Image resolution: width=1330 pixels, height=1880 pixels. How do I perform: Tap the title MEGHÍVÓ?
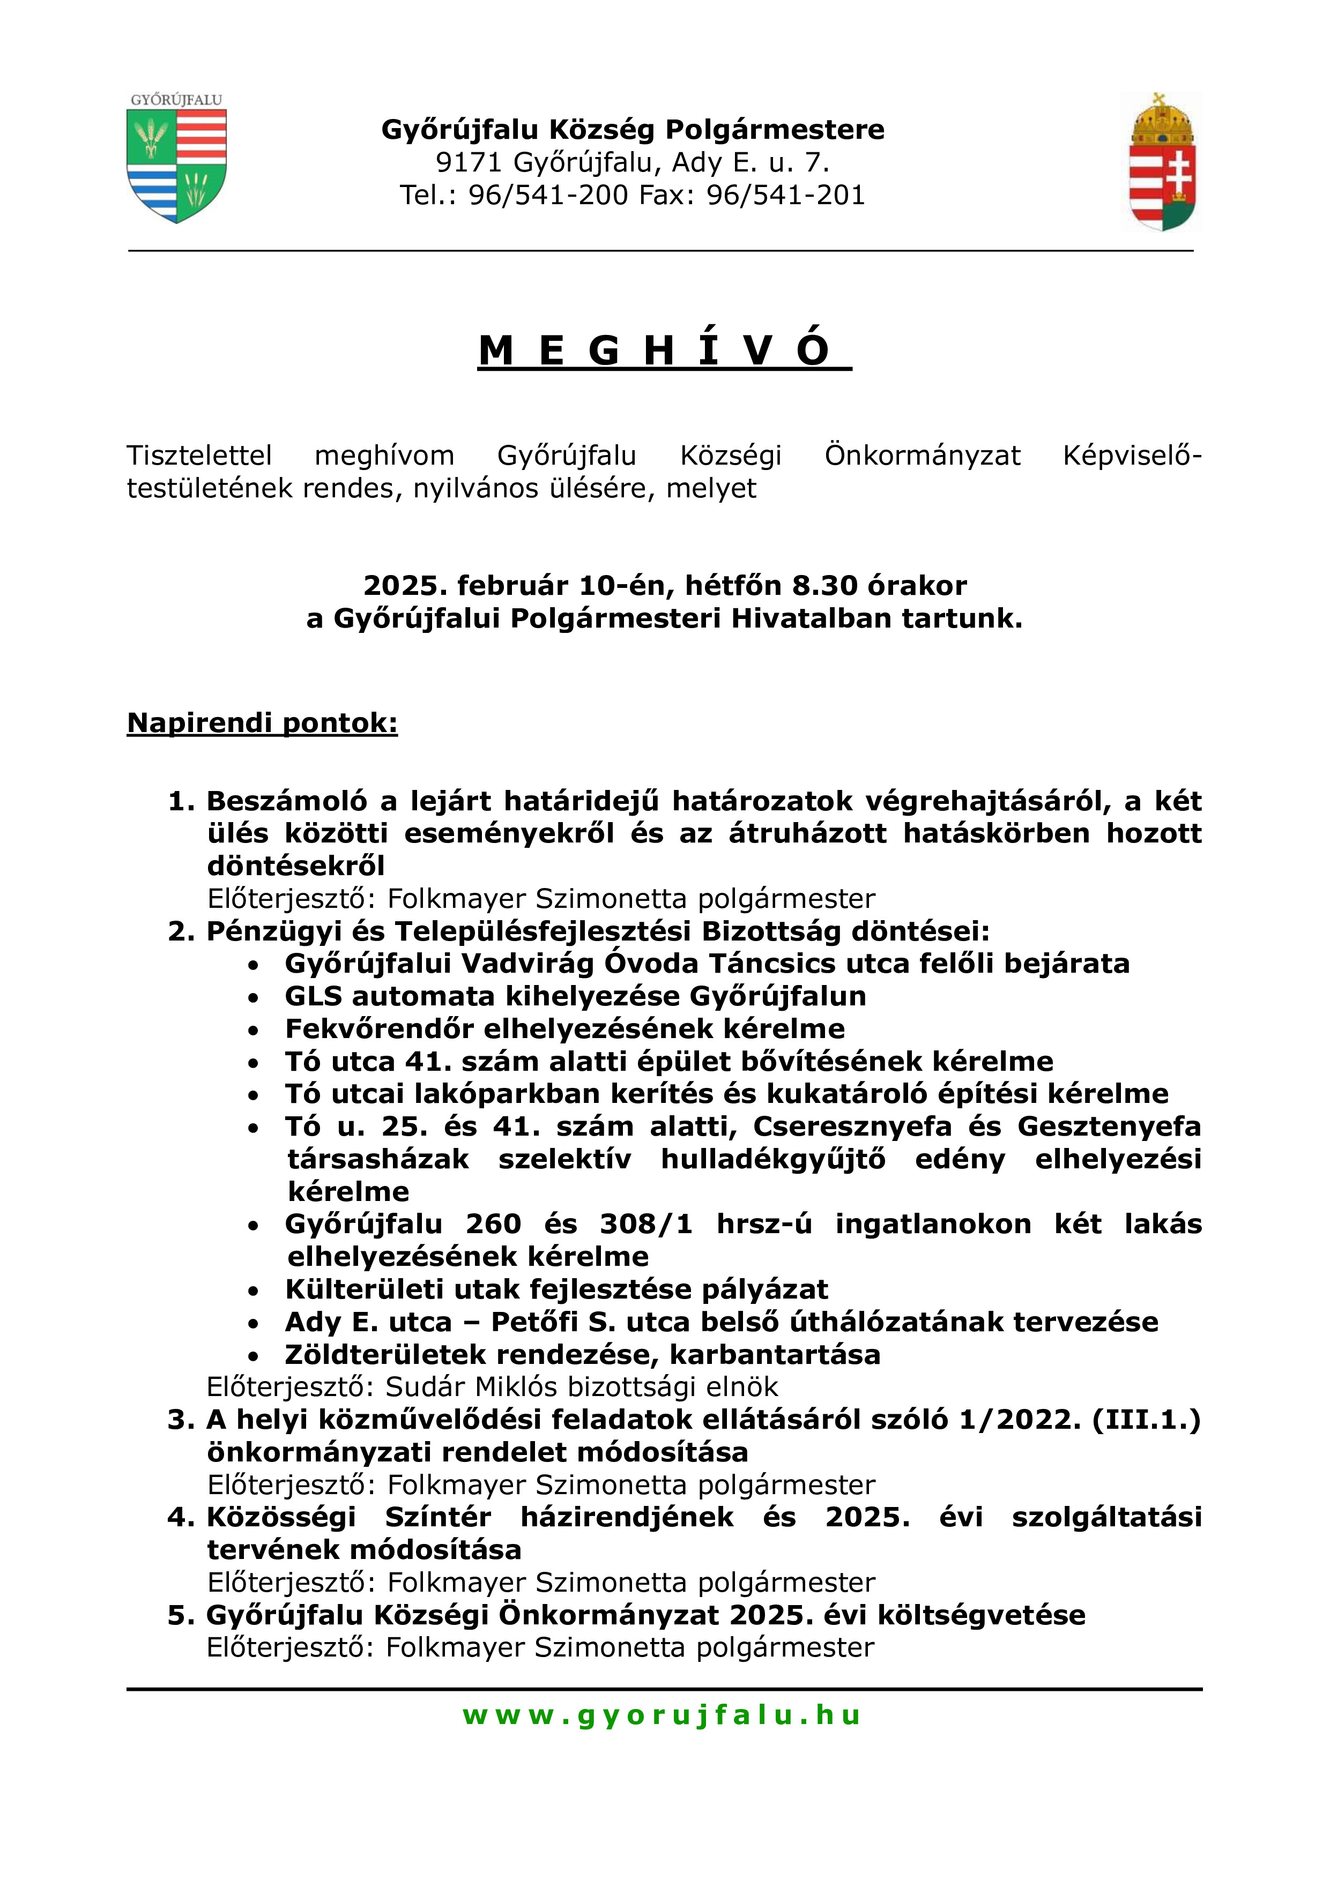[x=664, y=351]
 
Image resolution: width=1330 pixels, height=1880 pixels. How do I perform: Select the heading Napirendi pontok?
[x=262, y=723]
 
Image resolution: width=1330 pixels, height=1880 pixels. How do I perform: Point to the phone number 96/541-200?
[x=548, y=195]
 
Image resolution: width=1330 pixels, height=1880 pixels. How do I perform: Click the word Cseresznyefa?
[x=852, y=1126]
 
